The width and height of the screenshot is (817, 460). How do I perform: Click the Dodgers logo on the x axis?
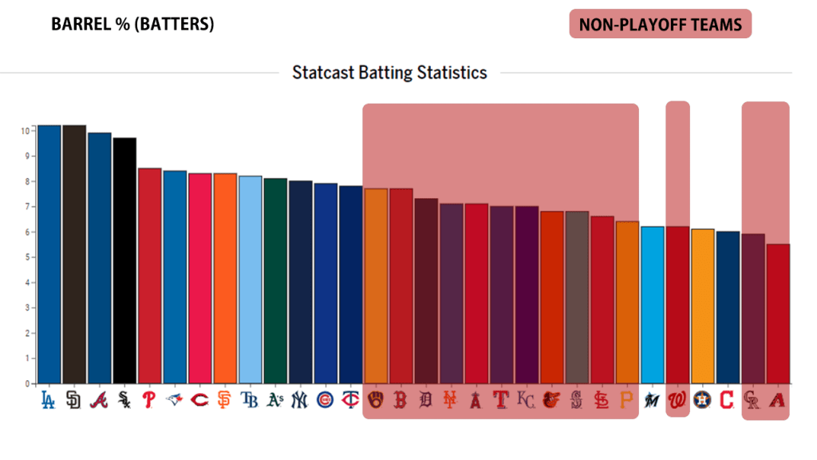[x=49, y=399]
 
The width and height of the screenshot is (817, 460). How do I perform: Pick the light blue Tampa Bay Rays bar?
[x=250, y=280]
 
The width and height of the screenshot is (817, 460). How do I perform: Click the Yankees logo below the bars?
[x=299, y=399]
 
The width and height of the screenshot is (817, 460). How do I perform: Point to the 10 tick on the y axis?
[x=26, y=130]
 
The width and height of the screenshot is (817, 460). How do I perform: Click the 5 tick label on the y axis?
[x=27, y=257]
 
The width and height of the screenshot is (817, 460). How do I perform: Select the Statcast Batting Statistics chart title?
[x=389, y=73]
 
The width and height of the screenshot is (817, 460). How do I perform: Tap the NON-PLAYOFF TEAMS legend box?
[x=660, y=24]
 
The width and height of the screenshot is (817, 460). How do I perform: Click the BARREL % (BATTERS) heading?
[x=132, y=25]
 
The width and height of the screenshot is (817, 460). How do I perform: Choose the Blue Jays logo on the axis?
[x=174, y=399]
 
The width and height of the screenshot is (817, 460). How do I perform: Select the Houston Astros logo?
[x=701, y=399]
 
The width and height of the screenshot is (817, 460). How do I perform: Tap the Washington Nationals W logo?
[x=677, y=399]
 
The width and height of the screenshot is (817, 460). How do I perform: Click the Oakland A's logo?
[x=274, y=399]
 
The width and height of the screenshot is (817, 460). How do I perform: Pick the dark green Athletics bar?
[x=274, y=280]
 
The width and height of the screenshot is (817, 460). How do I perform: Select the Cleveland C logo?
[x=727, y=399]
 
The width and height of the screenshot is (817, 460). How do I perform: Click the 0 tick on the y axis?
[x=27, y=383]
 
